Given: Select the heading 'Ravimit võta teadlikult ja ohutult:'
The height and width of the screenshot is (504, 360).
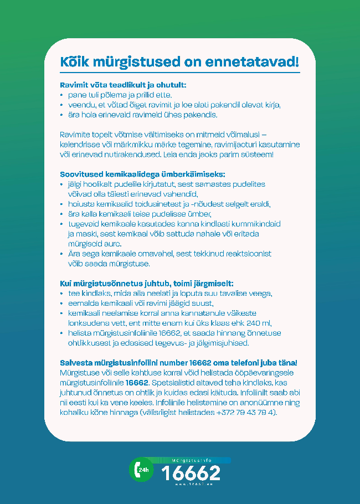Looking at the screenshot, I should click(x=123, y=85).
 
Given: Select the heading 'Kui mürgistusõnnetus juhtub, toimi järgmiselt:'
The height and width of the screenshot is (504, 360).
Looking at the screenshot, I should click(x=147, y=283).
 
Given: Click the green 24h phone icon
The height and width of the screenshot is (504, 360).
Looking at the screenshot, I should click(x=140, y=470).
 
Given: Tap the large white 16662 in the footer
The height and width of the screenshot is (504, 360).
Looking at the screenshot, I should click(x=191, y=472).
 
